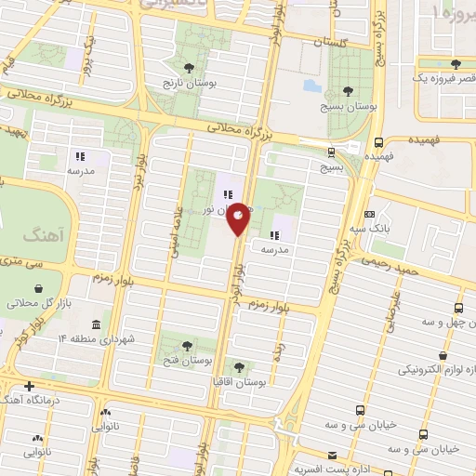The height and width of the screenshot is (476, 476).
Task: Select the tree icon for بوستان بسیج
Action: (348, 91)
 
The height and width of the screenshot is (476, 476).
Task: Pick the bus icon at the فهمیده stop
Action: (378, 142)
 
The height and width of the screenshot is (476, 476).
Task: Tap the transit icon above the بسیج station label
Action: (331, 152)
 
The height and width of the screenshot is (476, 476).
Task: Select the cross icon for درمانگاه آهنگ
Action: (31, 386)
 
